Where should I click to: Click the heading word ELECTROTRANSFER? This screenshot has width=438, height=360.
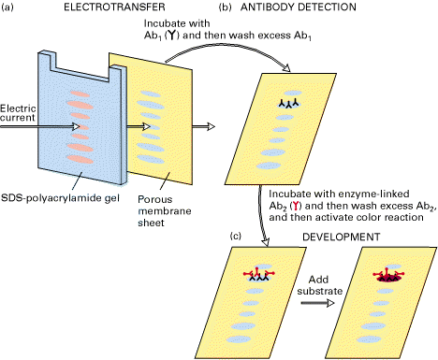click(x=114, y=7)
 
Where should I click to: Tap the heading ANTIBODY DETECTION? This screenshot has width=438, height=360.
click(x=299, y=7)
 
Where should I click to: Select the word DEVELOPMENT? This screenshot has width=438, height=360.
click(x=342, y=237)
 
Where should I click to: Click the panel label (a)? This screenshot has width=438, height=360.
click(x=7, y=7)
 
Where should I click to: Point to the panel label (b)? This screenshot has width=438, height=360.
click(x=226, y=7)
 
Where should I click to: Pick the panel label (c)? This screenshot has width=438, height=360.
click(x=236, y=236)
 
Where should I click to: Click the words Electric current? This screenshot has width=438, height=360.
click(x=18, y=113)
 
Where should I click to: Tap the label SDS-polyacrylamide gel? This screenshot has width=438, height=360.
click(x=60, y=198)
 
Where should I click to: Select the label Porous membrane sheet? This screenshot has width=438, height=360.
click(x=165, y=211)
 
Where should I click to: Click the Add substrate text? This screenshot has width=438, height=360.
click(x=320, y=285)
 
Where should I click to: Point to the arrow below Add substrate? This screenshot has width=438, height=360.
click(x=317, y=303)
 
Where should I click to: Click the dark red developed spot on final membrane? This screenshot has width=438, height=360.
click(x=388, y=278)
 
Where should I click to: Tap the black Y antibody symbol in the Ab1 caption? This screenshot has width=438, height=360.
click(x=171, y=36)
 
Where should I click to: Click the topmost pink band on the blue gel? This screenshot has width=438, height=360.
click(x=80, y=94)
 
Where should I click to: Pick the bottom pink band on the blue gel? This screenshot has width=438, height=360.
click(x=80, y=159)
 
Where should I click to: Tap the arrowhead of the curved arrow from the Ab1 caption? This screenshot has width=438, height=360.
click(x=286, y=67)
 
